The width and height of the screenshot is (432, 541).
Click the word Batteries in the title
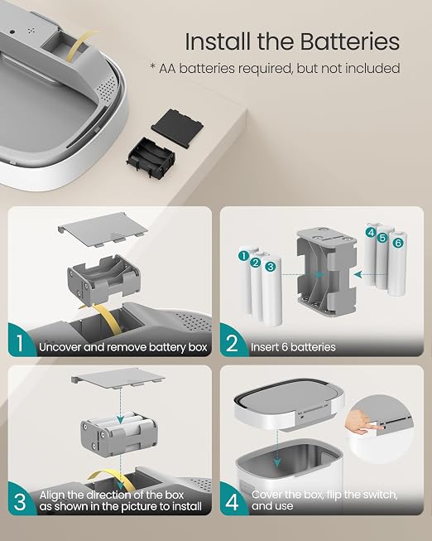point(349,42)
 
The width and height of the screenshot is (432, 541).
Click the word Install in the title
point(218,42)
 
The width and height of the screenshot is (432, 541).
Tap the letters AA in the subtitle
point(167,68)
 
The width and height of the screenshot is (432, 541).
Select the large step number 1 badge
point(20,342)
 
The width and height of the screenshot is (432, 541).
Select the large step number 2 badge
point(232,343)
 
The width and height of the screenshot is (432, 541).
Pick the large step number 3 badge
point(20,502)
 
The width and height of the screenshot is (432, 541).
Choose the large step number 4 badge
point(232,502)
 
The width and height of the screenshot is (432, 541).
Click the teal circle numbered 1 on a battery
point(243,256)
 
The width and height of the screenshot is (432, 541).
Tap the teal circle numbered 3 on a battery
point(271,267)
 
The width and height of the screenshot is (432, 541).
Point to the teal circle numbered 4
point(371,232)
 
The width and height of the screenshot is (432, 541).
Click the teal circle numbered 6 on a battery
point(398,243)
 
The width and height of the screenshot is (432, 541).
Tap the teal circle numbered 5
point(382,238)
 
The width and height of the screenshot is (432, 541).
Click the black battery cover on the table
point(178,128)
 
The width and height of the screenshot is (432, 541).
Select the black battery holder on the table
point(151,158)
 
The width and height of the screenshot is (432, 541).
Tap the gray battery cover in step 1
point(103,229)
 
